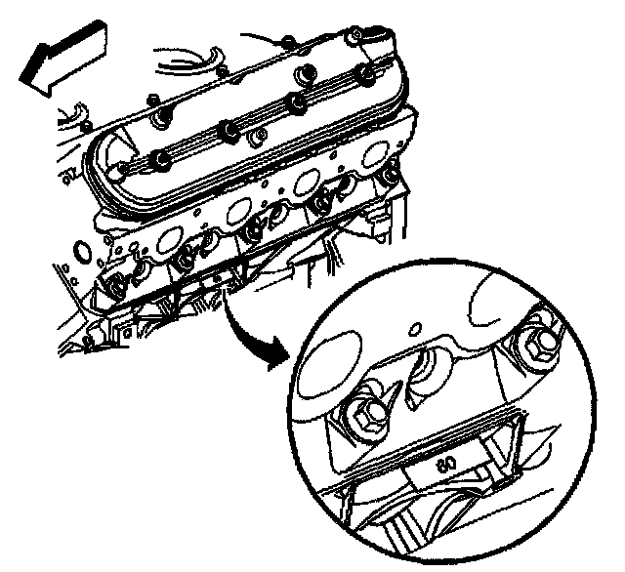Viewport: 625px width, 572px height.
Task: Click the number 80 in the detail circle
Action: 446,464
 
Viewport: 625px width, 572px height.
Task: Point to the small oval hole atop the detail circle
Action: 415,329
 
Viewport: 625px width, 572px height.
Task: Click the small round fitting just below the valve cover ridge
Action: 258,137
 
